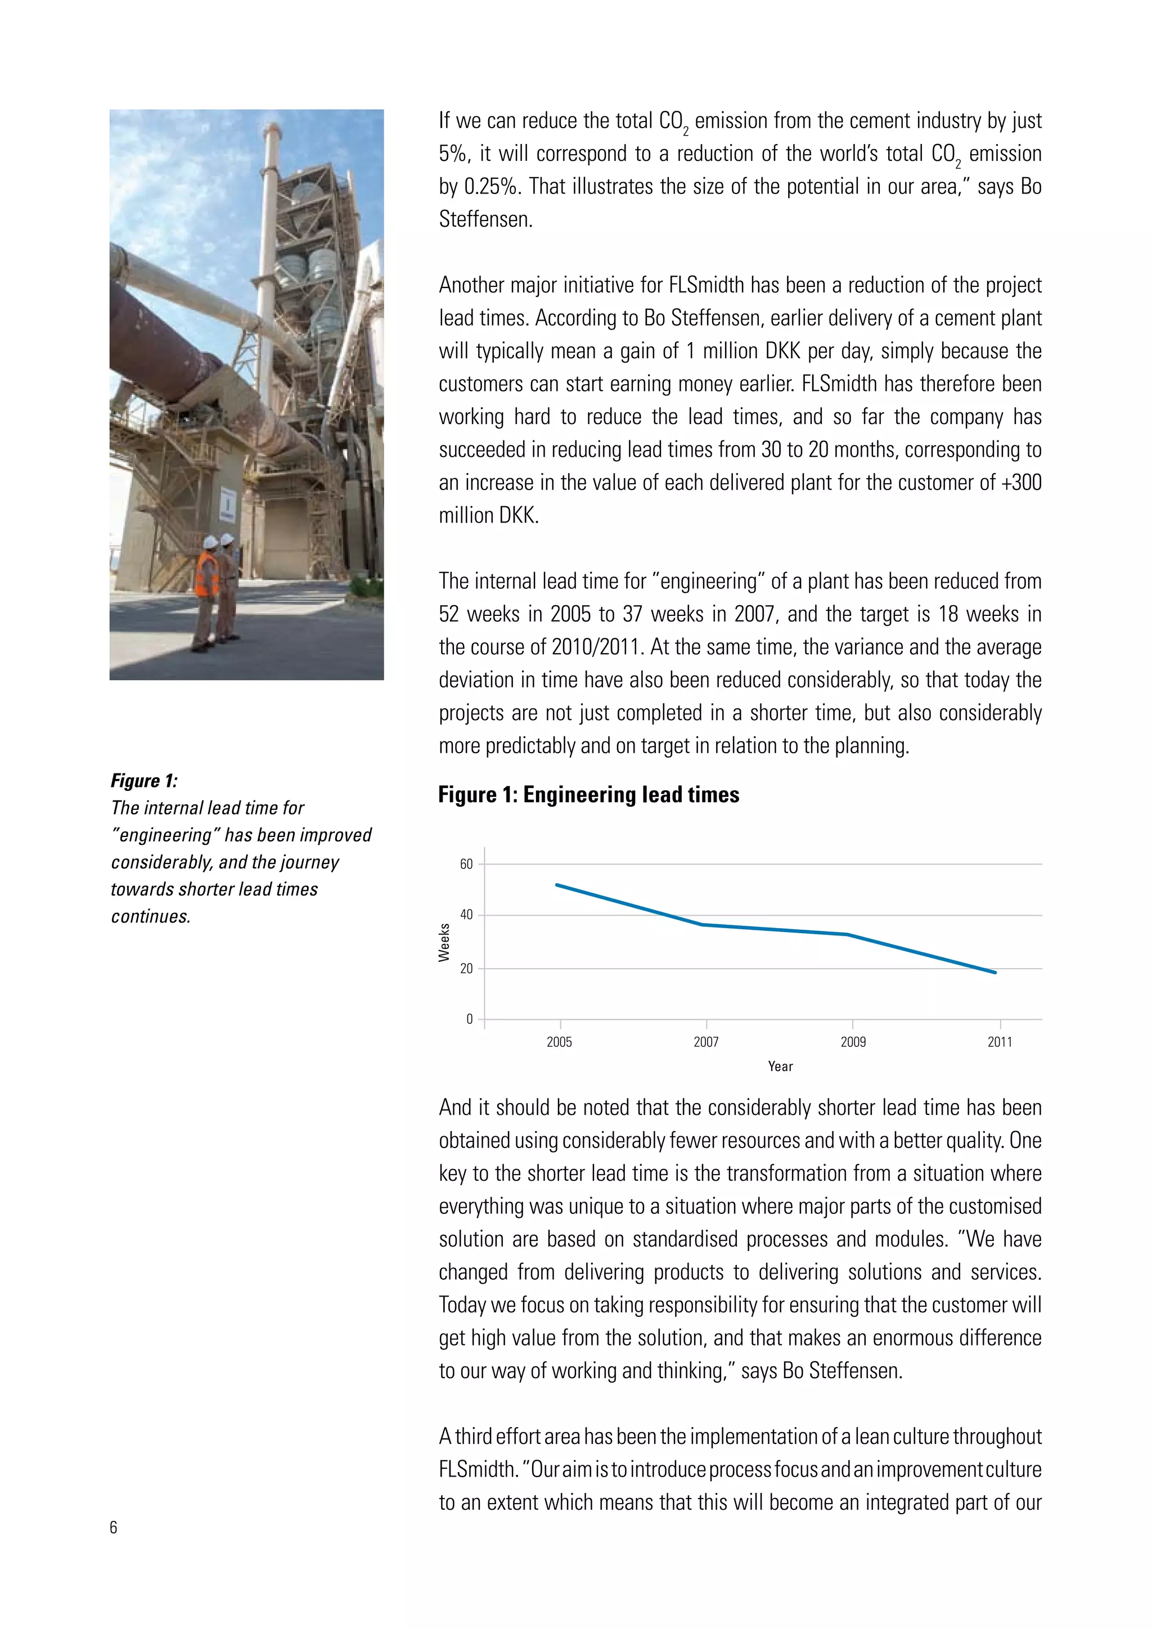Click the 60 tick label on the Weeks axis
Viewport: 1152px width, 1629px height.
click(x=466, y=864)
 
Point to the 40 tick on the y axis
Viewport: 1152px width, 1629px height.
click(x=466, y=915)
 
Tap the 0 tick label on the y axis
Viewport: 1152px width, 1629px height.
click(x=469, y=1020)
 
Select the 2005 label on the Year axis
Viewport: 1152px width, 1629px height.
click(x=559, y=1042)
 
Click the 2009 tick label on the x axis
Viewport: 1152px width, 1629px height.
click(x=853, y=1042)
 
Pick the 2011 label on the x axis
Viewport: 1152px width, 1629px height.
click(x=1000, y=1042)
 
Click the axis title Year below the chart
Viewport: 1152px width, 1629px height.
click(x=780, y=1066)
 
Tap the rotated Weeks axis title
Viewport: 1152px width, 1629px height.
click(x=444, y=942)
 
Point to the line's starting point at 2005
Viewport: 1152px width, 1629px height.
click(x=557, y=885)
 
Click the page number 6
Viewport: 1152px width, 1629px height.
click(x=114, y=1528)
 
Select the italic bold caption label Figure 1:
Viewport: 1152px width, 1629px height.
click(x=144, y=781)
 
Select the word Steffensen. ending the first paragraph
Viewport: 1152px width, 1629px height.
click(x=485, y=219)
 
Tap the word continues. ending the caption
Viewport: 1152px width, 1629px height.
click(x=150, y=917)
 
